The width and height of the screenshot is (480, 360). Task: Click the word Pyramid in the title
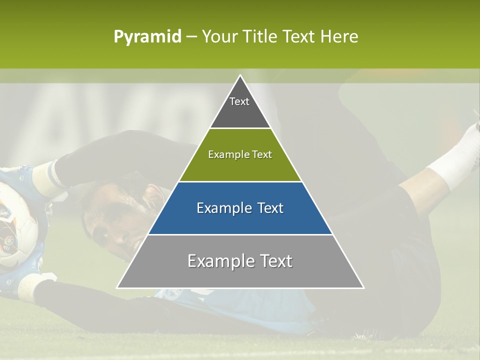pos(147,37)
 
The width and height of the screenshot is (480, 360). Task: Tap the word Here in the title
pos(339,36)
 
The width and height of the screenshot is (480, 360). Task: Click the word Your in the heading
pos(218,36)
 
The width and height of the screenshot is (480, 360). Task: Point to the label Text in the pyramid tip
pos(239,101)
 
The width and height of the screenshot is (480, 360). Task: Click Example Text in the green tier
pos(240,154)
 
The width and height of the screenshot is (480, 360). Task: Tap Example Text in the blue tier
pos(240,208)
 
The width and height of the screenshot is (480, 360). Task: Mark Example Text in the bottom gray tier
pos(240,261)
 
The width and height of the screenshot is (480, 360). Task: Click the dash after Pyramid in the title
pos(191,37)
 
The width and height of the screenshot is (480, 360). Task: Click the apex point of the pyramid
pos(240,75)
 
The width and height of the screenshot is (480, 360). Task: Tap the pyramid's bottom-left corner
pos(117,287)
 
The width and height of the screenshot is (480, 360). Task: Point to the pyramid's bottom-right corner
pos(363,287)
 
